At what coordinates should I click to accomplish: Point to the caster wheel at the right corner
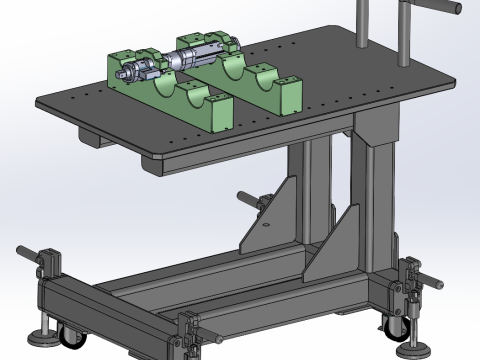391,320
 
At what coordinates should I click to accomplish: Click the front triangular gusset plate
340,240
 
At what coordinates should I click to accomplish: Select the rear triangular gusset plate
279,215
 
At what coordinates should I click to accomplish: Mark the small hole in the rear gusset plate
267,227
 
